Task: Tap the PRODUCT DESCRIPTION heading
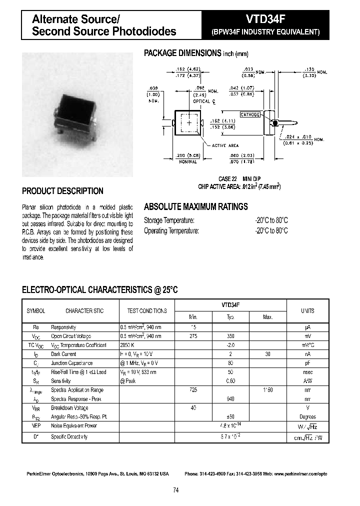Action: pyautogui.click(x=63, y=191)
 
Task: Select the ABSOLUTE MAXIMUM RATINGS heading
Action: pyautogui.click(x=196, y=206)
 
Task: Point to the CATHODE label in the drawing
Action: pyautogui.click(x=250, y=114)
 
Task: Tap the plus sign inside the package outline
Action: pyautogui.click(x=189, y=122)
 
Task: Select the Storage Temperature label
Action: pyautogui.click(x=169, y=220)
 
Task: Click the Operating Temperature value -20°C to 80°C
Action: pyautogui.click(x=271, y=230)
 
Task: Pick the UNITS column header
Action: pyautogui.click(x=307, y=310)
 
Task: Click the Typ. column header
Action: pyautogui.click(x=230, y=317)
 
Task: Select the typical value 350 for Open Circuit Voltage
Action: pyautogui.click(x=230, y=336)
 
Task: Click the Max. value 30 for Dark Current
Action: pyautogui.click(x=267, y=354)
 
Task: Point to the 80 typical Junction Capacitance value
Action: pyautogui.click(x=230, y=363)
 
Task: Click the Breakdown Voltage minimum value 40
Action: pyautogui.click(x=193, y=407)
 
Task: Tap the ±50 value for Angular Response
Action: pyautogui.click(x=230, y=416)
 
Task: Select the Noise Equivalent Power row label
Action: pyautogui.click(x=74, y=425)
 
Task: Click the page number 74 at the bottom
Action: pyautogui.click(x=176, y=490)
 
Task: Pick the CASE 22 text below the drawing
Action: pyautogui.click(x=227, y=178)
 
